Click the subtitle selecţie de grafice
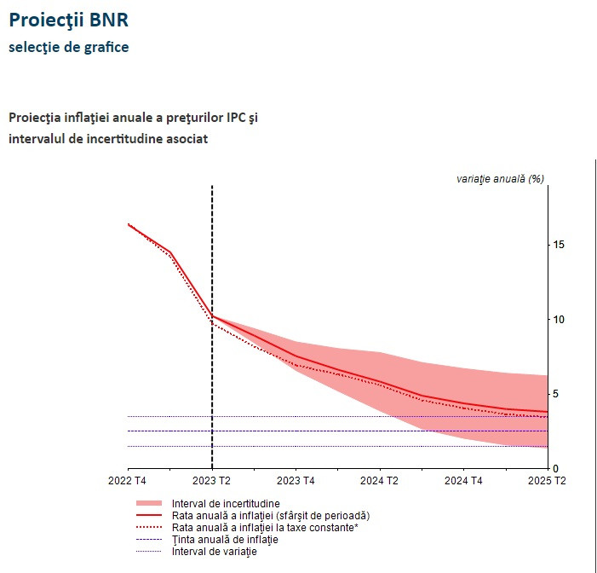point(69,47)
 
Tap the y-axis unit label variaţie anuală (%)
point(500,178)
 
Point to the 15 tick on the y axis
point(560,245)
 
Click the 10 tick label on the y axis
point(560,319)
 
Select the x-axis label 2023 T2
point(212,482)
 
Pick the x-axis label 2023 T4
point(296,482)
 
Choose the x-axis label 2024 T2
point(379,482)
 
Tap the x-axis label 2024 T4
point(463,482)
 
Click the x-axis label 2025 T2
point(547,482)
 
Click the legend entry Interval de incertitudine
point(226,504)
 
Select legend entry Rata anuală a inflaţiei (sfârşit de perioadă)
point(270,516)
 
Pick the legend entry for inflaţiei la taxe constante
point(264,528)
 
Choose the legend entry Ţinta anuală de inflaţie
point(225,540)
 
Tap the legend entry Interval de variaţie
point(214,552)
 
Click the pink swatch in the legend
point(149,504)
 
